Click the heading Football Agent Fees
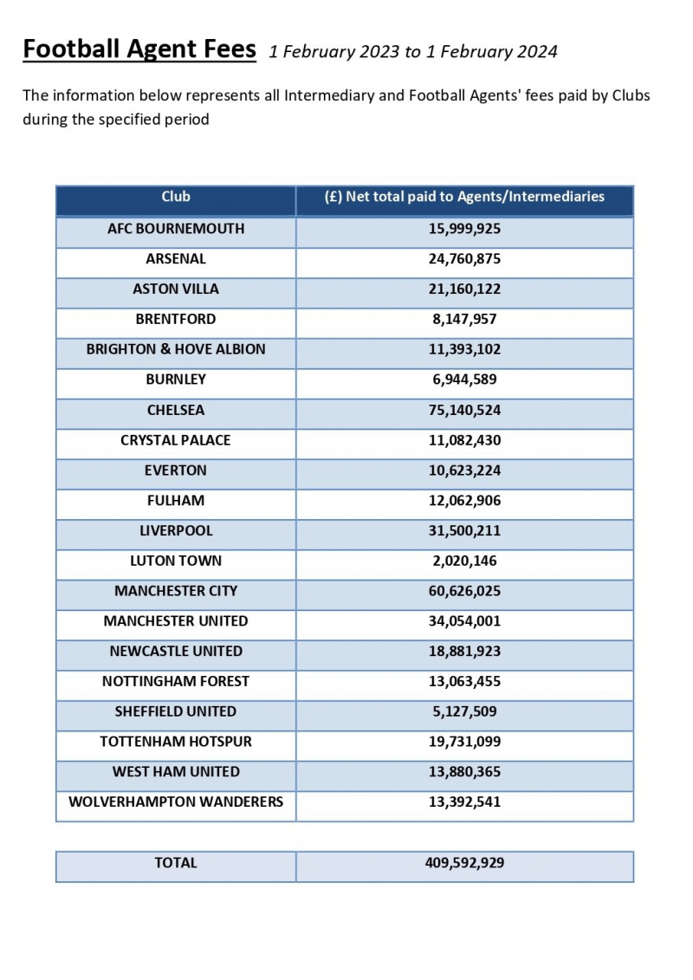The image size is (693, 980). point(139,49)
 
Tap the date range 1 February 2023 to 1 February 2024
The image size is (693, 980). point(413,52)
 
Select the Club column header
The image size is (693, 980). point(176,198)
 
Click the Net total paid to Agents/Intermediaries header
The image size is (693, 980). point(464,198)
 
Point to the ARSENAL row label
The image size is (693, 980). point(176,259)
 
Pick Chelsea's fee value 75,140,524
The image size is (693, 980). point(464,410)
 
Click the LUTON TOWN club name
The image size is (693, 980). point(176,561)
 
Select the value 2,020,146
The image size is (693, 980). point(464,561)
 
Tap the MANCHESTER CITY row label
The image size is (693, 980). point(176,591)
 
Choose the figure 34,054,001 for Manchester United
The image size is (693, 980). point(464,621)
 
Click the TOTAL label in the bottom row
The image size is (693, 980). point(176,863)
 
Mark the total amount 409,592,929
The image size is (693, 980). point(464,863)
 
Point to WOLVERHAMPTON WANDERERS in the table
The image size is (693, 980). point(176,802)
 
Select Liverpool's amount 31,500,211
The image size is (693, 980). point(464,530)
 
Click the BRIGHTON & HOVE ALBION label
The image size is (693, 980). point(176,349)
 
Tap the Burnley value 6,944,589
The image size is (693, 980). point(464,380)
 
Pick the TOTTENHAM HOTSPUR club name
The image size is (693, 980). point(176,742)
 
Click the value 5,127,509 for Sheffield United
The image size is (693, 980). point(464,711)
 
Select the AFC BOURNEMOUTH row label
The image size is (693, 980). point(176,229)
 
